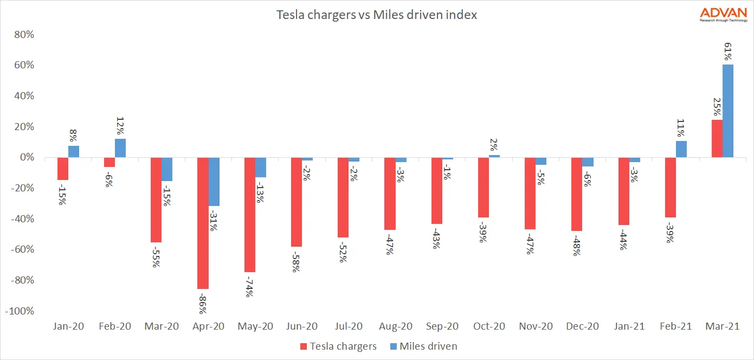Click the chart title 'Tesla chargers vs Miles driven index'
pyautogui.click(x=377, y=15)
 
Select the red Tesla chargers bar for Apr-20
pyautogui.click(x=203, y=223)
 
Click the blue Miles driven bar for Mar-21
pyautogui.click(x=727, y=111)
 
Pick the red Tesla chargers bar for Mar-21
pyautogui.click(x=717, y=139)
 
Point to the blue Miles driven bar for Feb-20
pyautogui.click(x=120, y=148)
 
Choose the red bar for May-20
pyautogui.click(x=249, y=215)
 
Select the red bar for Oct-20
pyautogui.click(x=484, y=188)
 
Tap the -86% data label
pyautogui.click(x=202, y=301)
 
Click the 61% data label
pyautogui.click(x=728, y=49)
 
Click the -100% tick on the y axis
pyautogui.click(x=20, y=312)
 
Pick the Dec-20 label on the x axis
pyautogui.click(x=582, y=327)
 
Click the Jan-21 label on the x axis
pyautogui.click(x=629, y=327)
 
